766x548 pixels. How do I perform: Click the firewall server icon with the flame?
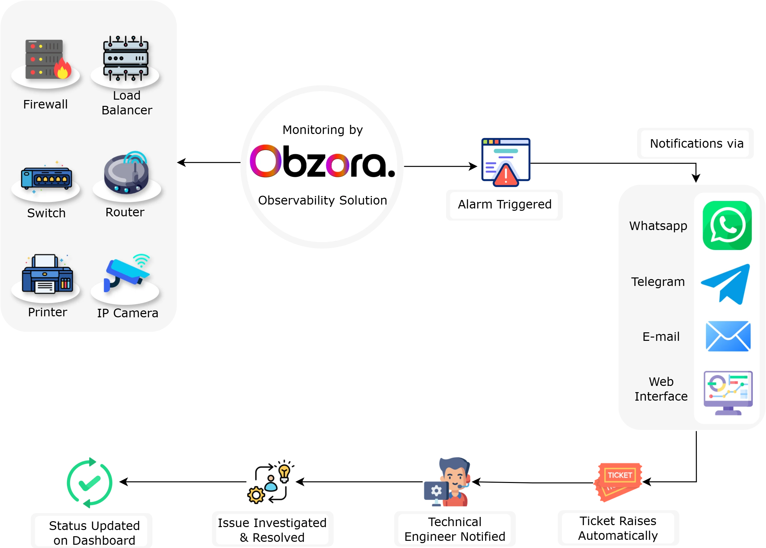(x=47, y=59)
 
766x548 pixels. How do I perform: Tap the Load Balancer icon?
(x=126, y=58)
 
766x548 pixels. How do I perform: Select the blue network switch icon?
(x=46, y=178)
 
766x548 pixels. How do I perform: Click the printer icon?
(x=47, y=274)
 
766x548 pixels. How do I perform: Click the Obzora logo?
(x=322, y=161)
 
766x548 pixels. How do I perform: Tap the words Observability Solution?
(x=322, y=200)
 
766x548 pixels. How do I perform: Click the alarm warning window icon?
(x=506, y=161)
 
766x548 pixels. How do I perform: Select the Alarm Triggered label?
(x=504, y=205)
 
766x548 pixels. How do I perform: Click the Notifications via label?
(x=696, y=143)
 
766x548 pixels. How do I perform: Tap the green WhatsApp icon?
(x=727, y=225)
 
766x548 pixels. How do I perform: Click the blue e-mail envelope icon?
(x=728, y=336)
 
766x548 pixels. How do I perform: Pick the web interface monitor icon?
(x=728, y=393)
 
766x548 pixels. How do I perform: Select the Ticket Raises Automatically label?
(x=618, y=528)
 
